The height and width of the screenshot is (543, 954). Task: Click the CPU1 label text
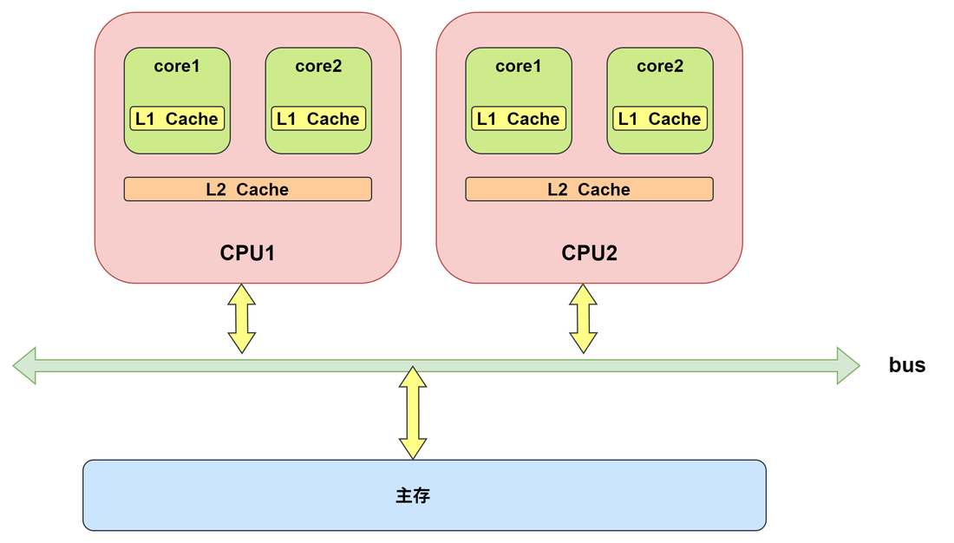coord(247,252)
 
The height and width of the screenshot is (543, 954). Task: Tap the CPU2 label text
coord(589,252)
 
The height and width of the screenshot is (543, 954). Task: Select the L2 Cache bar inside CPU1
coord(248,189)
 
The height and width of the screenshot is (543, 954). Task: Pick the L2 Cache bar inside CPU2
coord(589,189)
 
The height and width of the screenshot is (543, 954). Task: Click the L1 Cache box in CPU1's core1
coord(177,119)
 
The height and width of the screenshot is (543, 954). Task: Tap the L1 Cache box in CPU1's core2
coord(318,119)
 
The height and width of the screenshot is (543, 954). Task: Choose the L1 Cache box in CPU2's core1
coord(519,119)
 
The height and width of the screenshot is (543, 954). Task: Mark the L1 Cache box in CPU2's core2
coord(660,119)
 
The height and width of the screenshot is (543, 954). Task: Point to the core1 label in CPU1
coord(177,66)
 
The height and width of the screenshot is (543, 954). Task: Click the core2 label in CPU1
coord(318,66)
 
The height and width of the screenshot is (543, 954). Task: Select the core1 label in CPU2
coord(519,66)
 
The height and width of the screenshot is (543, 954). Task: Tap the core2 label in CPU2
coord(660,66)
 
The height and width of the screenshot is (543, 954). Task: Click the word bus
coord(906,364)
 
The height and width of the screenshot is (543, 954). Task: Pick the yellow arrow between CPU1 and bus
coord(242,318)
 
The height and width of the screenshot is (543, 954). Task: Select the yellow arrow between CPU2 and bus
coord(583,318)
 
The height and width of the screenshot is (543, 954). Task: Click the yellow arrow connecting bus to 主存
coord(413,413)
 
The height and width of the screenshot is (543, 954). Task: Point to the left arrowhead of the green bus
coord(24,365)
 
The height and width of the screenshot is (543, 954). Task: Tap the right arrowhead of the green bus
coord(848,365)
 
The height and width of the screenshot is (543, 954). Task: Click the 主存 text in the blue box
coord(413,495)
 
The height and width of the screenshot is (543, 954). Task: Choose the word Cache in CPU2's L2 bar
coord(604,189)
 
